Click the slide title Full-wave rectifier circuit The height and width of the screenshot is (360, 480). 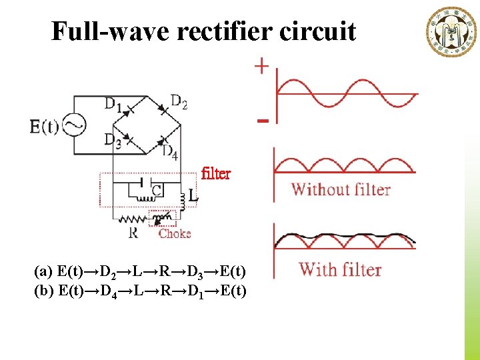click(x=204, y=31)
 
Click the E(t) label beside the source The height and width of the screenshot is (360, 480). click(x=44, y=126)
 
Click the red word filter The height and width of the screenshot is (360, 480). click(x=215, y=174)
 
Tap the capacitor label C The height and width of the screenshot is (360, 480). click(x=156, y=191)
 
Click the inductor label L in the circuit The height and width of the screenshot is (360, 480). click(x=193, y=197)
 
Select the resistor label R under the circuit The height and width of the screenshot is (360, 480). click(x=133, y=233)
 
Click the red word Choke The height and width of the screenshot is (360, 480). click(x=175, y=233)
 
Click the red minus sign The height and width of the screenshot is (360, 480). click(x=263, y=121)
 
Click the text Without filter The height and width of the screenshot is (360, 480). click(x=341, y=189)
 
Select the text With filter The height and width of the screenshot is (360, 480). click(x=340, y=270)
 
